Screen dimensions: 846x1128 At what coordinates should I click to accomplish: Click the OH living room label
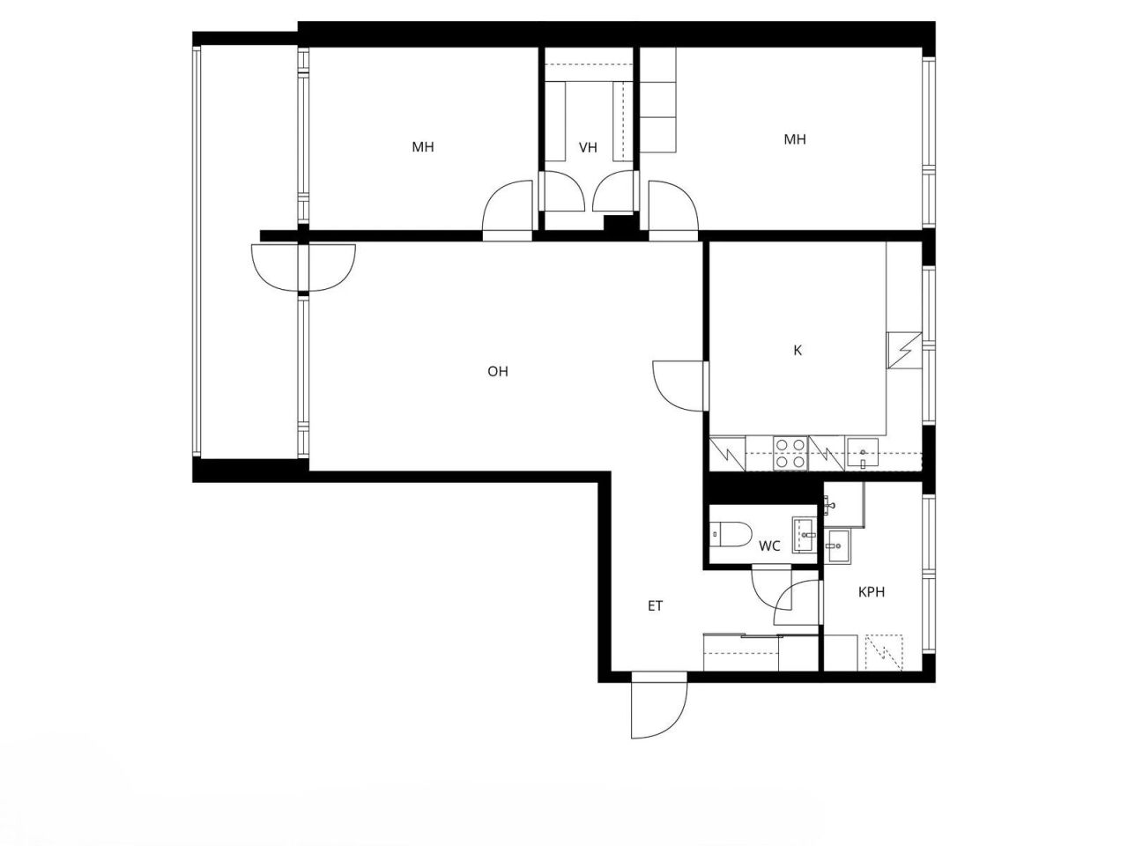pyautogui.click(x=498, y=372)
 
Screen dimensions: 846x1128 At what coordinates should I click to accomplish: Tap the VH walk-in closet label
pyautogui.click(x=588, y=148)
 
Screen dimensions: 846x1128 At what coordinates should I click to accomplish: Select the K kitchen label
pyautogui.click(x=798, y=351)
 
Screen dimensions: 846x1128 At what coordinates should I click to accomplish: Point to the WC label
pyautogui.click(x=769, y=546)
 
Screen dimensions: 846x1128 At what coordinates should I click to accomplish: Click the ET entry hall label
pyautogui.click(x=655, y=606)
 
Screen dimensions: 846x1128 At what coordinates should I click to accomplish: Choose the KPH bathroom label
pyautogui.click(x=872, y=592)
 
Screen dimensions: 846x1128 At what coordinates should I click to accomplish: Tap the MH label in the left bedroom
pyautogui.click(x=423, y=147)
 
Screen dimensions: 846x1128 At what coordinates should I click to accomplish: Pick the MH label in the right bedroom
pyautogui.click(x=795, y=139)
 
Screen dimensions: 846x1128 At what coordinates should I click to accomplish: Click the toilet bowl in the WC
pyautogui.click(x=731, y=533)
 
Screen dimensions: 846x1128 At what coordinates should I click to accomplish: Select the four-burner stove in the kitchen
pyautogui.click(x=790, y=453)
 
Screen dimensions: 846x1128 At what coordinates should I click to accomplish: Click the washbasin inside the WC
pyautogui.click(x=805, y=534)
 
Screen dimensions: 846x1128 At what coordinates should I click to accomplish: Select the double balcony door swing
pyautogui.click(x=302, y=268)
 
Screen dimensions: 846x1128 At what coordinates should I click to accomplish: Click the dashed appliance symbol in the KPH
pyautogui.click(x=886, y=652)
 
